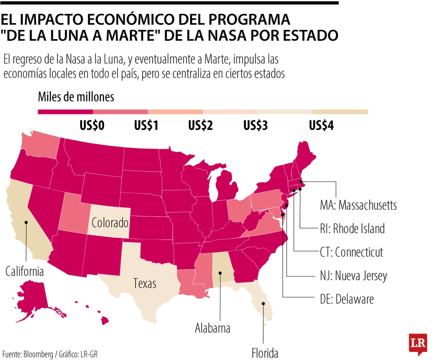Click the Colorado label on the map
(110, 223)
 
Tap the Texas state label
(145, 284)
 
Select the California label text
(24, 272)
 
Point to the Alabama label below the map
(212, 328)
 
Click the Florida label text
(265, 353)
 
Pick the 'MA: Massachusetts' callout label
(358, 205)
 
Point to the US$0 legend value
(92, 126)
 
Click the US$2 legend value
(200, 126)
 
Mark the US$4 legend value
(321, 126)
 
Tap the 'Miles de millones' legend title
(76, 97)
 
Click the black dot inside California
(26, 222)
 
